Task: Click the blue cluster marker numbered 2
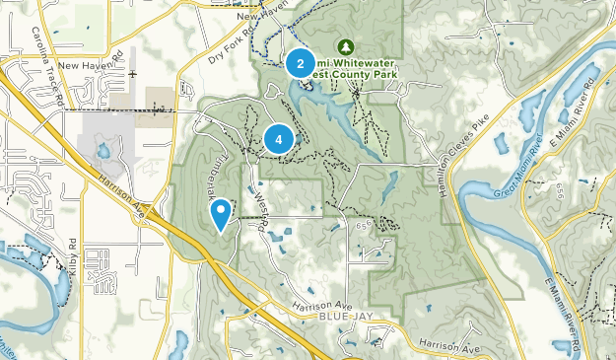pos(300,64)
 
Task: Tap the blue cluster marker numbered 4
pos(279,139)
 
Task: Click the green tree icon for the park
pos(345,46)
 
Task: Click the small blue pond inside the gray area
pos(103,151)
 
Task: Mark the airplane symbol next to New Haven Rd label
pos(130,73)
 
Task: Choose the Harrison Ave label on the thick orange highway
pos(120,185)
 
